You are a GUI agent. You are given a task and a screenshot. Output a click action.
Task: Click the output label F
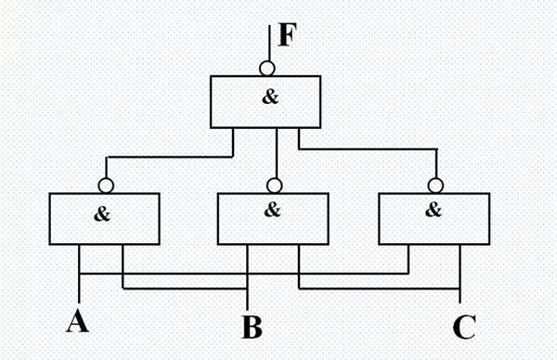288,38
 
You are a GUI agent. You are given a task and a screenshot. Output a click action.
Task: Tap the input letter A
78,321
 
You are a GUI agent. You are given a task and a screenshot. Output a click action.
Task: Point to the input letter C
463,327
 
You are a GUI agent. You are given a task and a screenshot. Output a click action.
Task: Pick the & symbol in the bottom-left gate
102,213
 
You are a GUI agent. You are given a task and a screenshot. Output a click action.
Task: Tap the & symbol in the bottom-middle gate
272,210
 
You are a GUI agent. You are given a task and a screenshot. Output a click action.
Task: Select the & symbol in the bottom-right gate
433,210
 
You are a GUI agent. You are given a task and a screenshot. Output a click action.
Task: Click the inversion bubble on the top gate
266,68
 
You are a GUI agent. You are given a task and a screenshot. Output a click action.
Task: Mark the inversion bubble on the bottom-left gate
108,185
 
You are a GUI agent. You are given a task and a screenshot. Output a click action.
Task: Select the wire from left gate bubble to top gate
167,156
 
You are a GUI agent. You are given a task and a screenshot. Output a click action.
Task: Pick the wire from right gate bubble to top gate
371,148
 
